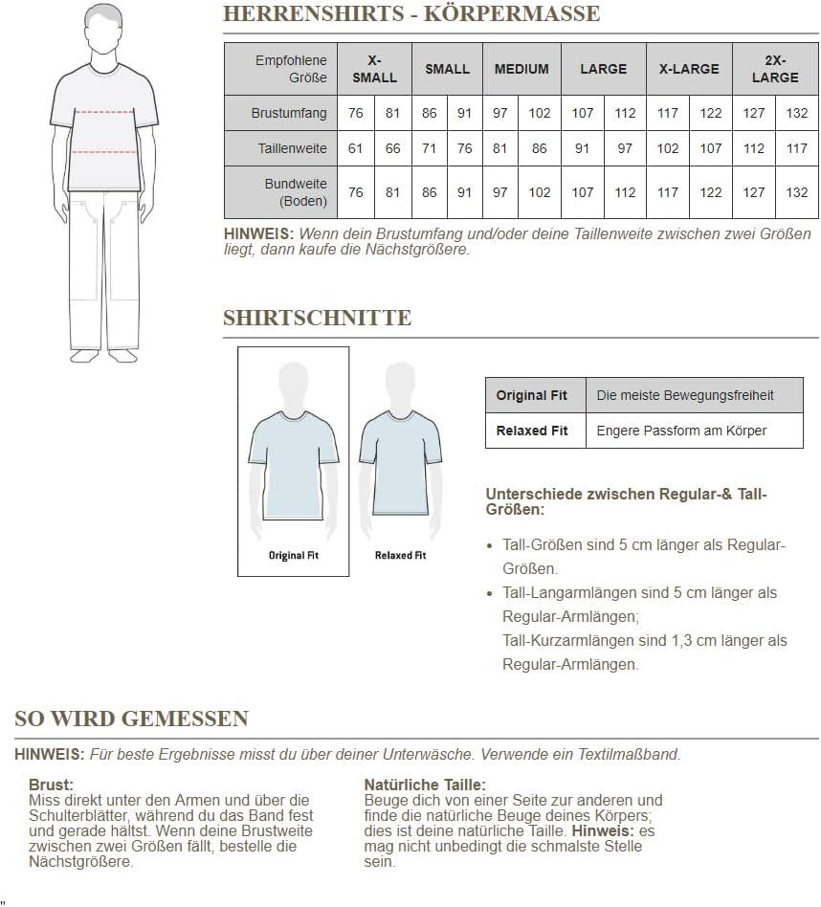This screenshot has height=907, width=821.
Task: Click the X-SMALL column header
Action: pyautogui.click(x=374, y=69)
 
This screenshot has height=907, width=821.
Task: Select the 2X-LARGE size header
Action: pyautogui.click(x=774, y=69)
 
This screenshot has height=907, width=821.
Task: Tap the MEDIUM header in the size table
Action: pyautogui.click(x=521, y=69)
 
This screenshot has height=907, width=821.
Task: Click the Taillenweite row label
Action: pyautogui.click(x=292, y=148)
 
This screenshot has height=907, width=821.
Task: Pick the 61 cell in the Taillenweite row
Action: pyautogui.click(x=356, y=148)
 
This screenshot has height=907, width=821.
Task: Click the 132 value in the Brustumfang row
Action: pyautogui.click(x=796, y=113)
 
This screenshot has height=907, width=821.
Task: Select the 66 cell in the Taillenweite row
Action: pyautogui.click(x=392, y=148)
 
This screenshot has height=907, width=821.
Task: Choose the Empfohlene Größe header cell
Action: pyautogui.click(x=290, y=69)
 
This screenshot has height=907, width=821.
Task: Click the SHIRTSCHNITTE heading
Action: pyautogui.click(x=317, y=319)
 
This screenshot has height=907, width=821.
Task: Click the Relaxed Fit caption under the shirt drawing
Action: pyautogui.click(x=400, y=555)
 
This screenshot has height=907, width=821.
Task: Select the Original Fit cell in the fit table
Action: pyautogui.click(x=531, y=395)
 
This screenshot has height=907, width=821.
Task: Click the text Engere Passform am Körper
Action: pyautogui.click(x=681, y=431)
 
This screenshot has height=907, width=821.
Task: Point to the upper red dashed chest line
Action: pyautogui.click(x=104, y=112)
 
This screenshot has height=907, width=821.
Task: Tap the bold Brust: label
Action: pyautogui.click(x=51, y=785)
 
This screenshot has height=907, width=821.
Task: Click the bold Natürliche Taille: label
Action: pyautogui.click(x=425, y=785)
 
